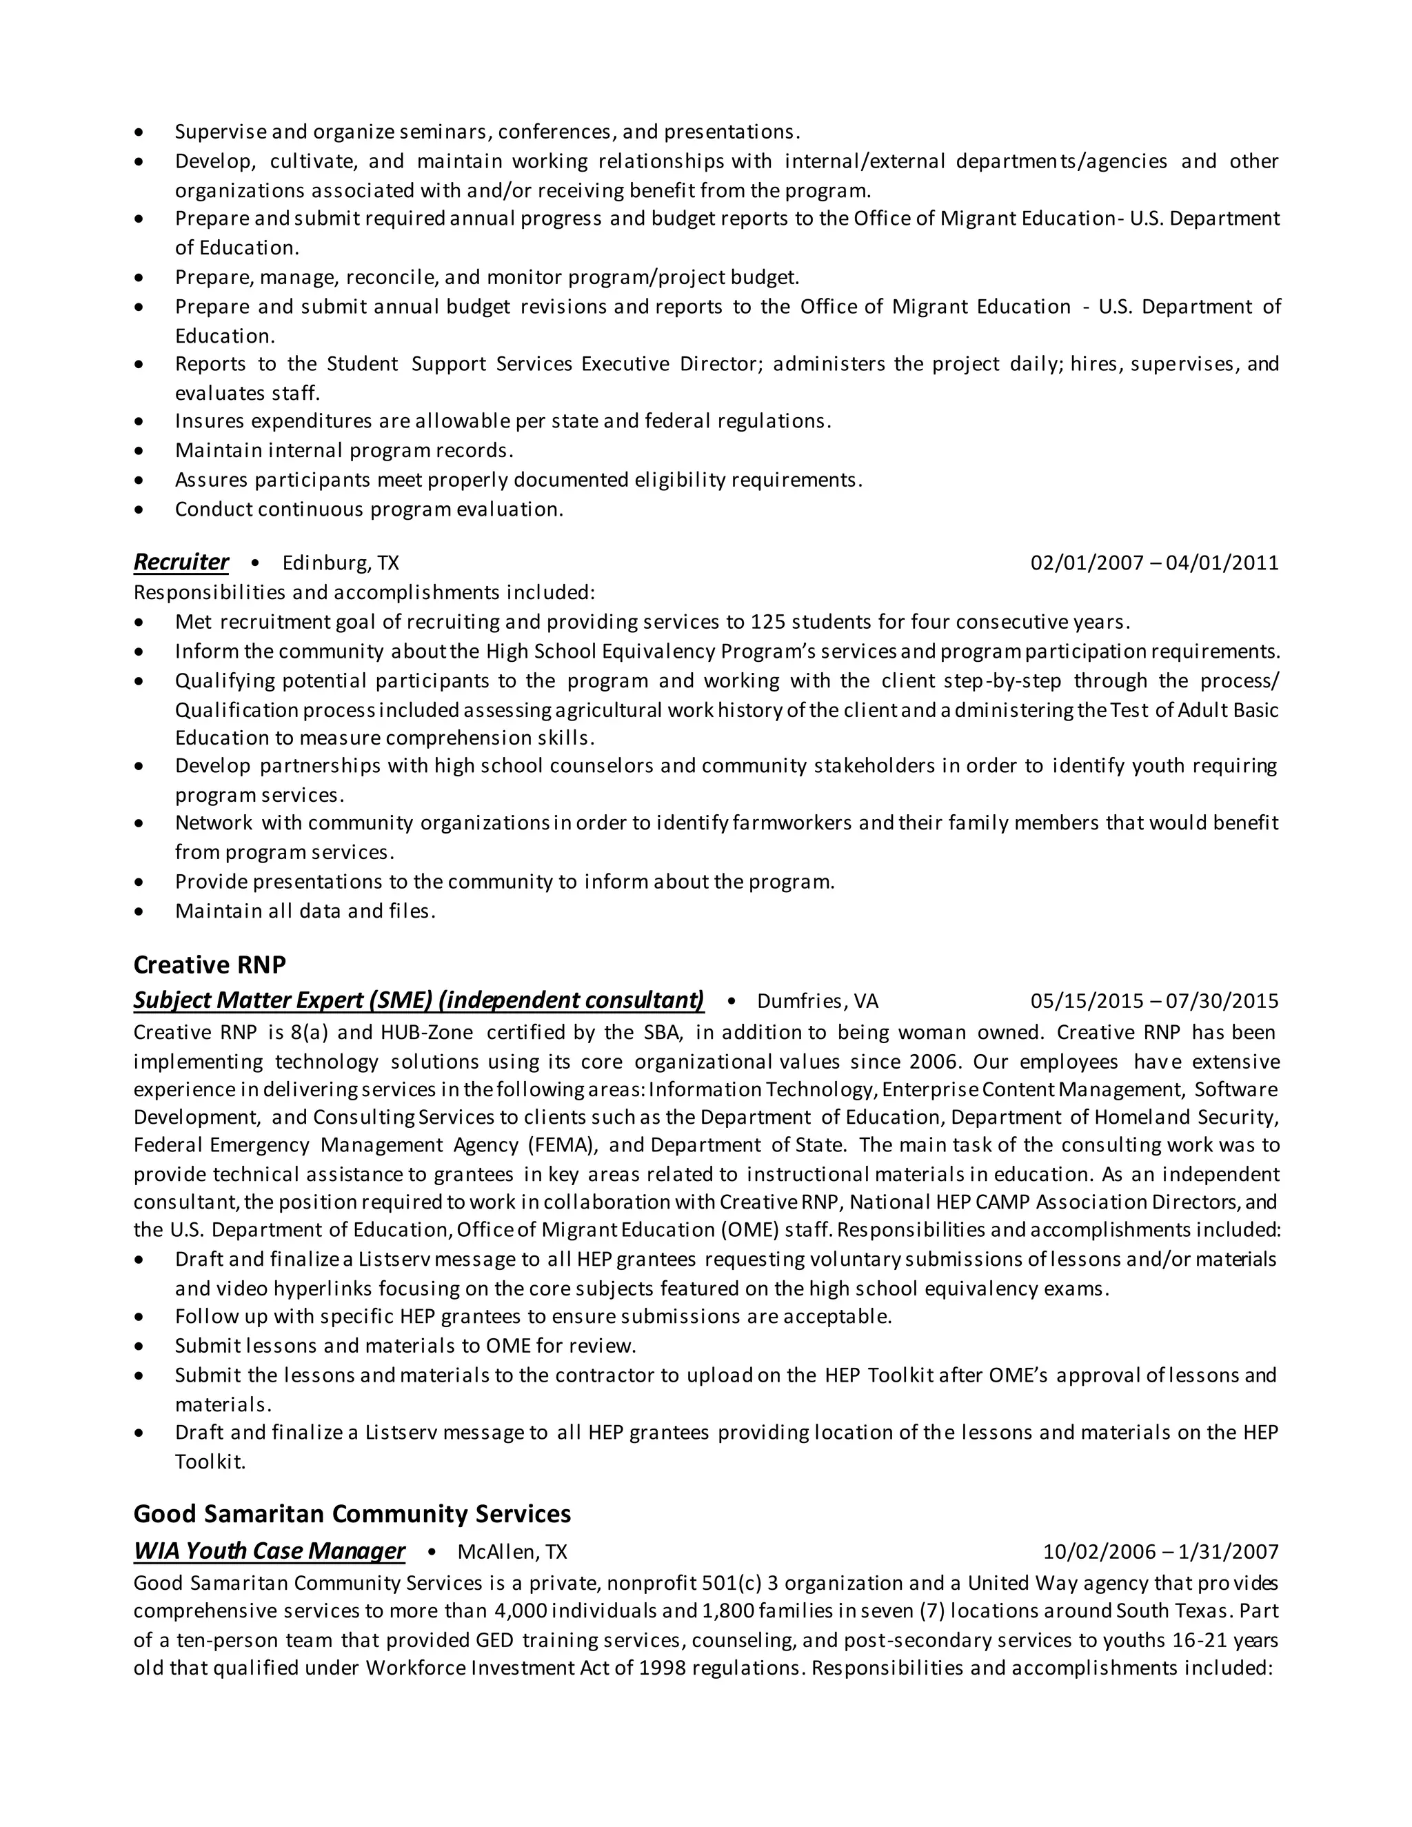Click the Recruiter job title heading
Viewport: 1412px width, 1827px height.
tap(181, 562)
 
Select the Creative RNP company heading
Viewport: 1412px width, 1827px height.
tap(209, 965)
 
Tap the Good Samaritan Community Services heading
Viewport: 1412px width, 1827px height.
tap(352, 1513)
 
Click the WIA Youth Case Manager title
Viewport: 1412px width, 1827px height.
tap(270, 1551)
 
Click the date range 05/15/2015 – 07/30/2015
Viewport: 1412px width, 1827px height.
tap(1154, 1001)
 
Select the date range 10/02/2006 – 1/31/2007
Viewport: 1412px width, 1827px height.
tap(1160, 1552)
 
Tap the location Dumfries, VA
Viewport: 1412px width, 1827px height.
tap(817, 1001)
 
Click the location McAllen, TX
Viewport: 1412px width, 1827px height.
tap(512, 1552)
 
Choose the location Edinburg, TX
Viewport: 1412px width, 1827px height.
tap(341, 563)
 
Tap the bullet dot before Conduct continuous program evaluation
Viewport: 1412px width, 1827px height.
tap(139, 510)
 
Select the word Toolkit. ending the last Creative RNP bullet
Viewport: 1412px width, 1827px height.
tap(210, 1462)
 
